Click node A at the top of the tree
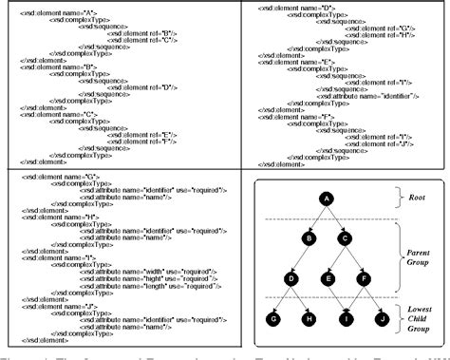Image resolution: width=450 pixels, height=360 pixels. [x=326, y=198]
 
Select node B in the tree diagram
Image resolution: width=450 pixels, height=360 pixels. [x=309, y=237]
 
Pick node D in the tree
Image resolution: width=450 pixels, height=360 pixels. [x=291, y=278]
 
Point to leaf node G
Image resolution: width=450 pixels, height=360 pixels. [x=273, y=319]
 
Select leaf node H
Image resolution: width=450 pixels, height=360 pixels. [x=309, y=319]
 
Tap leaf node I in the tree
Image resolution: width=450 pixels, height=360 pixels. [x=345, y=319]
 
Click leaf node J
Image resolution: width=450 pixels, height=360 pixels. [x=381, y=319]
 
